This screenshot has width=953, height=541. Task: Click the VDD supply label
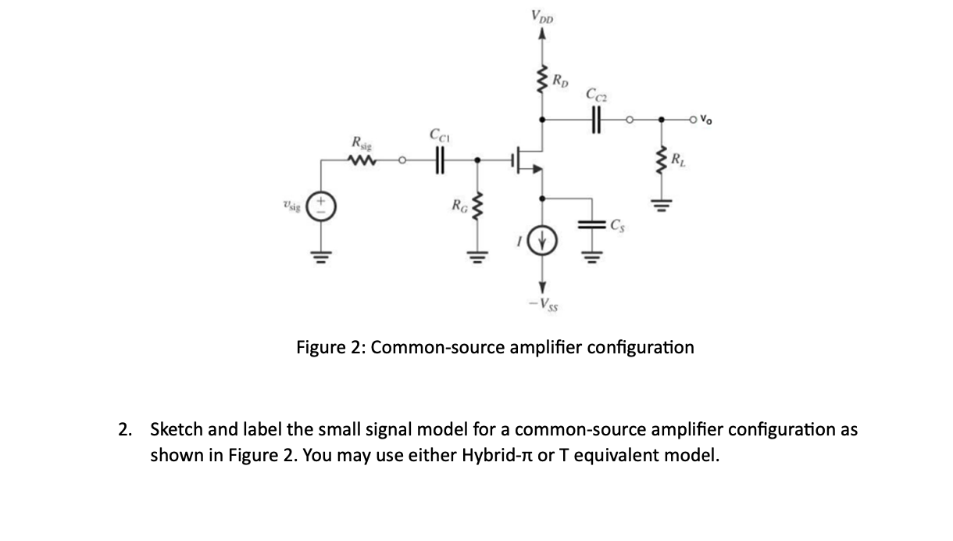tap(540, 16)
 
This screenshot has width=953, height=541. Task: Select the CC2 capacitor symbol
tap(597, 120)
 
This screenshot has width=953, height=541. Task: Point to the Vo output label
tap(705, 120)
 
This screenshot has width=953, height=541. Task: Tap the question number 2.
tap(124, 429)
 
